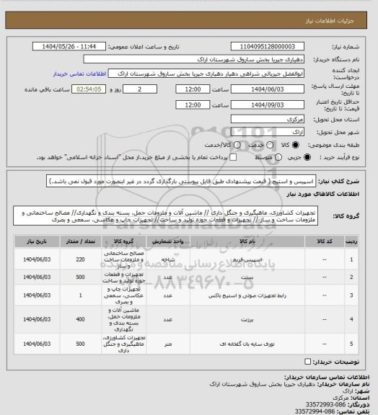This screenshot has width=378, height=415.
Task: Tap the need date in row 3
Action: (36, 295)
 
